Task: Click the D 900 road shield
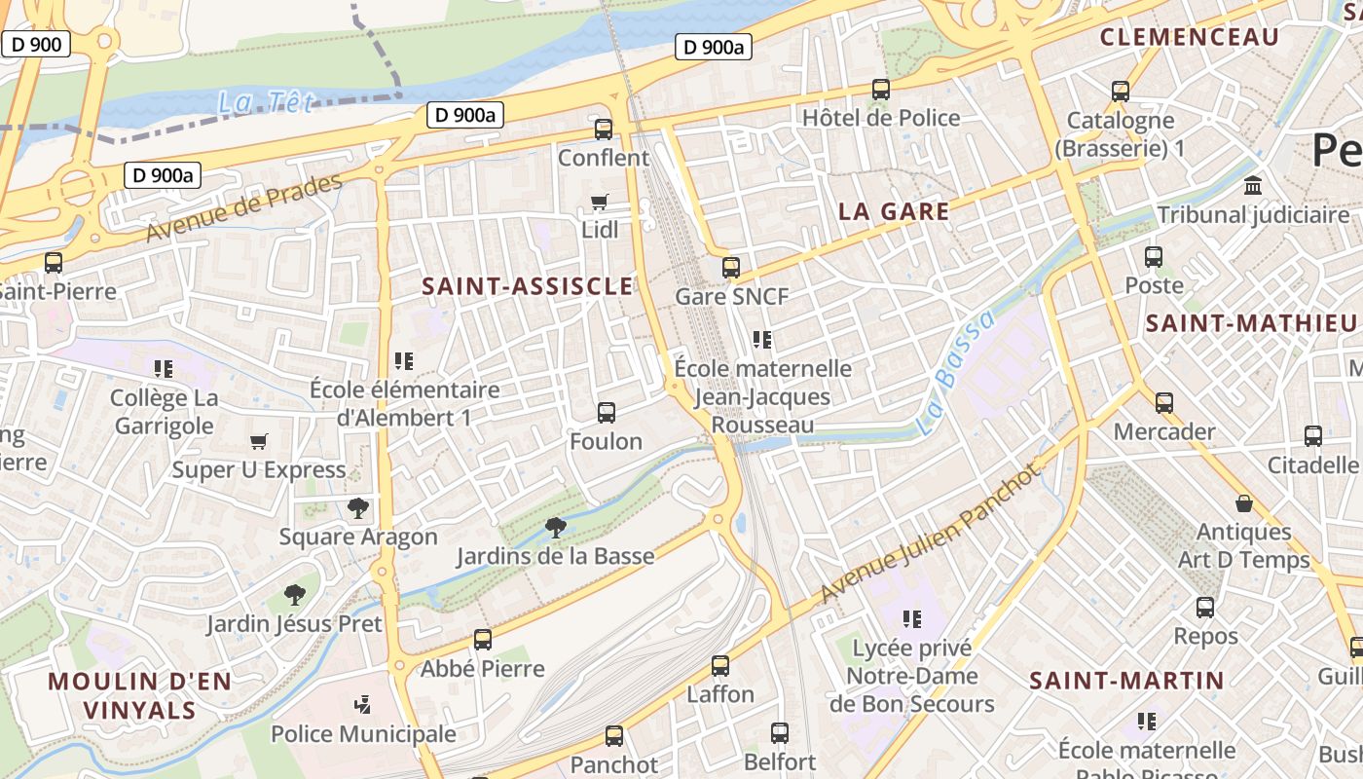click(36, 44)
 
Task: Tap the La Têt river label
click(266, 100)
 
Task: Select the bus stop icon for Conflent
click(604, 130)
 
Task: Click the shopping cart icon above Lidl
click(600, 203)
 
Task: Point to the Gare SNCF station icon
click(731, 268)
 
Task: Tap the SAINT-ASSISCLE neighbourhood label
click(528, 285)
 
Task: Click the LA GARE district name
click(894, 211)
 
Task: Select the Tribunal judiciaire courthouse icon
click(1253, 185)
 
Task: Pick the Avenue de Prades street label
click(244, 208)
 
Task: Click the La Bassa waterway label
click(957, 373)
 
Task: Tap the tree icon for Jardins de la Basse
click(556, 528)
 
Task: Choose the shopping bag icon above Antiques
click(1244, 503)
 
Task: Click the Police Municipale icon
click(363, 704)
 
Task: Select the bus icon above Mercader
click(1164, 403)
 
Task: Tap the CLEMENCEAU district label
click(1189, 37)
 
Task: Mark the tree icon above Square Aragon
click(358, 507)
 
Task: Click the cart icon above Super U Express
click(259, 442)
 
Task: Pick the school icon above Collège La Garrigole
click(164, 369)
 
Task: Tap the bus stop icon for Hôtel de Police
click(881, 90)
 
